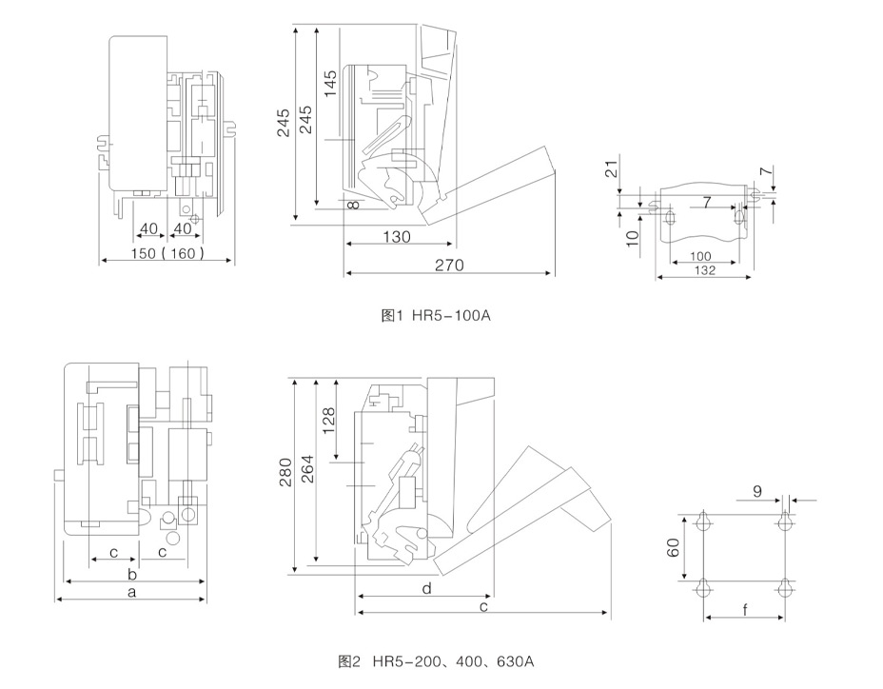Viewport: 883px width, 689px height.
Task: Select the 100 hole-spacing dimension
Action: point(701,257)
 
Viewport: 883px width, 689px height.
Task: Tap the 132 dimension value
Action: point(703,271)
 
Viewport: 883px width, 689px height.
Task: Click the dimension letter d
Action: point(426,589)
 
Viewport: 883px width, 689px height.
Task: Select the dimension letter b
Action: point(132,574)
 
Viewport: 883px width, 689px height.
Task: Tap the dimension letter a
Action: point(132,592)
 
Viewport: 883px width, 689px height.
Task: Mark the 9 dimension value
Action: point(756,491)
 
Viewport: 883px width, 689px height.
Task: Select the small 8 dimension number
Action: point(353,204)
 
